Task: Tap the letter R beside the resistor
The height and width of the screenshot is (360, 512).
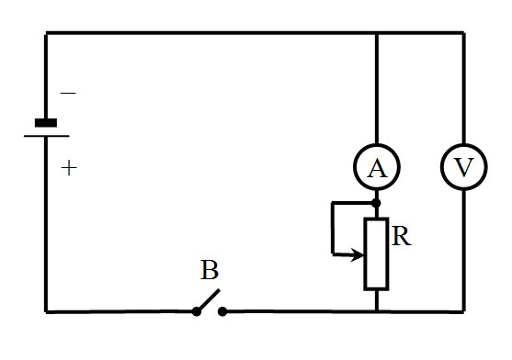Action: coord(402,236)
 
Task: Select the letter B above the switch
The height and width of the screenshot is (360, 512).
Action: coord(210,270)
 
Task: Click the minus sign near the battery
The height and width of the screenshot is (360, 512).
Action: coord(68,94)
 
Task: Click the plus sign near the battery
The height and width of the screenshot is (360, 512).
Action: coord(69,168)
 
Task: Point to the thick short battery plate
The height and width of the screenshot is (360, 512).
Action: coord(46,123)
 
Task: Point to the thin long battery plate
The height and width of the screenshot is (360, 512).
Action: coord(46,136)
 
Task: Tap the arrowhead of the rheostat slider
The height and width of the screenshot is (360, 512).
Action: coord(358,254)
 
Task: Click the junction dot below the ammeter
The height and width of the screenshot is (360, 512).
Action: coord(377,203)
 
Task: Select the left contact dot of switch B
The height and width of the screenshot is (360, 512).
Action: coord(197,311)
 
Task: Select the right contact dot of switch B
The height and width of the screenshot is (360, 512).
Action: coord(222,311)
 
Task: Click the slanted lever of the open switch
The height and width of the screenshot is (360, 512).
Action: coord(209,299)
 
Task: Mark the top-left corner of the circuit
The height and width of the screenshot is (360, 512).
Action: coord(46,33)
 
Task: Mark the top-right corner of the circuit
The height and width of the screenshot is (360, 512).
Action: coord(463,33)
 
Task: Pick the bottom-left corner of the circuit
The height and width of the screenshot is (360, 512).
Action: coord(46,312)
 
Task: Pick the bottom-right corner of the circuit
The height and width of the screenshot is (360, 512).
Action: coord(463,312)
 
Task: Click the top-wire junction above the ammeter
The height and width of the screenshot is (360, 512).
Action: coord(377,33)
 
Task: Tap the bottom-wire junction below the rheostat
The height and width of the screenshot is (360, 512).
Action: coord(377,312)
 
